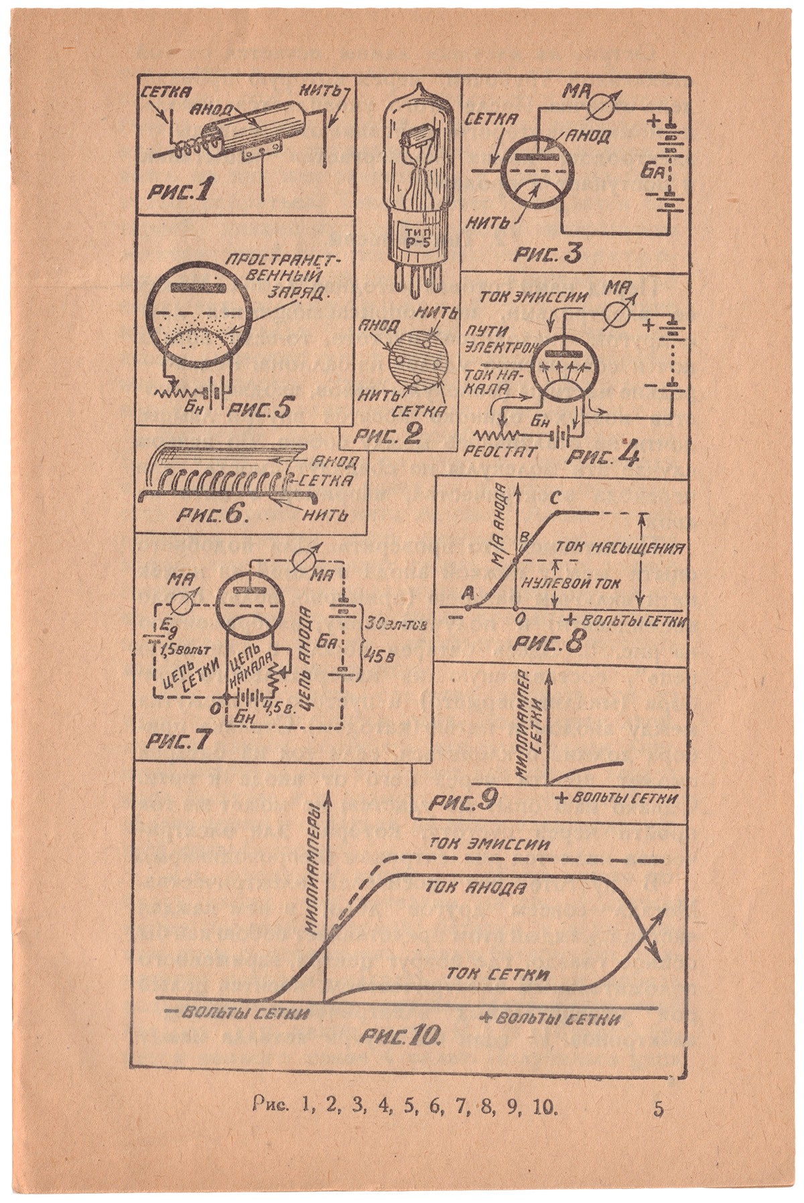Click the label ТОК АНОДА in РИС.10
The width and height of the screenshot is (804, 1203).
coord(473,888)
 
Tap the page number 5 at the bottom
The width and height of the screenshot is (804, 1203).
coord(659,1108)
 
